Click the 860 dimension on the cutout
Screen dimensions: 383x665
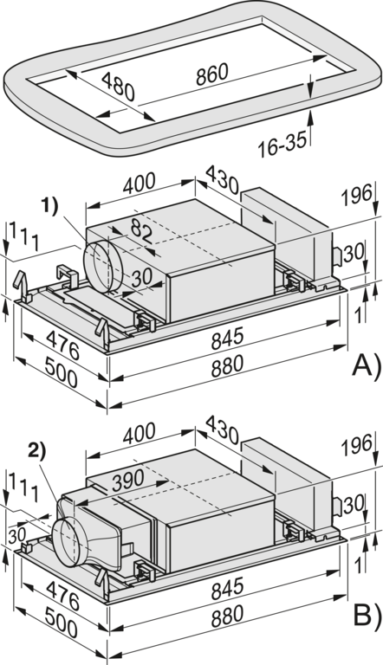click(x=212, y=74)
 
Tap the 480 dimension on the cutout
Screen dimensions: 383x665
click(x=118, y=87)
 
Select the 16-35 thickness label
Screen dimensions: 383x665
click(x=282, y=145)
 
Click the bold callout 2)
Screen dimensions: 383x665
click(x=37, y=452)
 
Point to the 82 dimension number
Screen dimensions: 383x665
click(x=141, y=231)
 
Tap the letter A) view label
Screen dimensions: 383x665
click(x=367, y=366)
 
